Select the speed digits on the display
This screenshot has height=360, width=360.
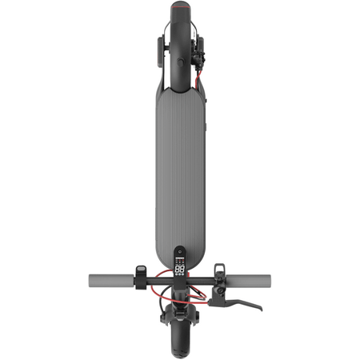[x=180, y=270]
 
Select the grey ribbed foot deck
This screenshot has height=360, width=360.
[x=180, y=160]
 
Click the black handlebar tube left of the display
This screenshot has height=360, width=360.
[x=156, y=281]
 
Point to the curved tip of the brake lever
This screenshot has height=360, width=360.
[x=260, y=308]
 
